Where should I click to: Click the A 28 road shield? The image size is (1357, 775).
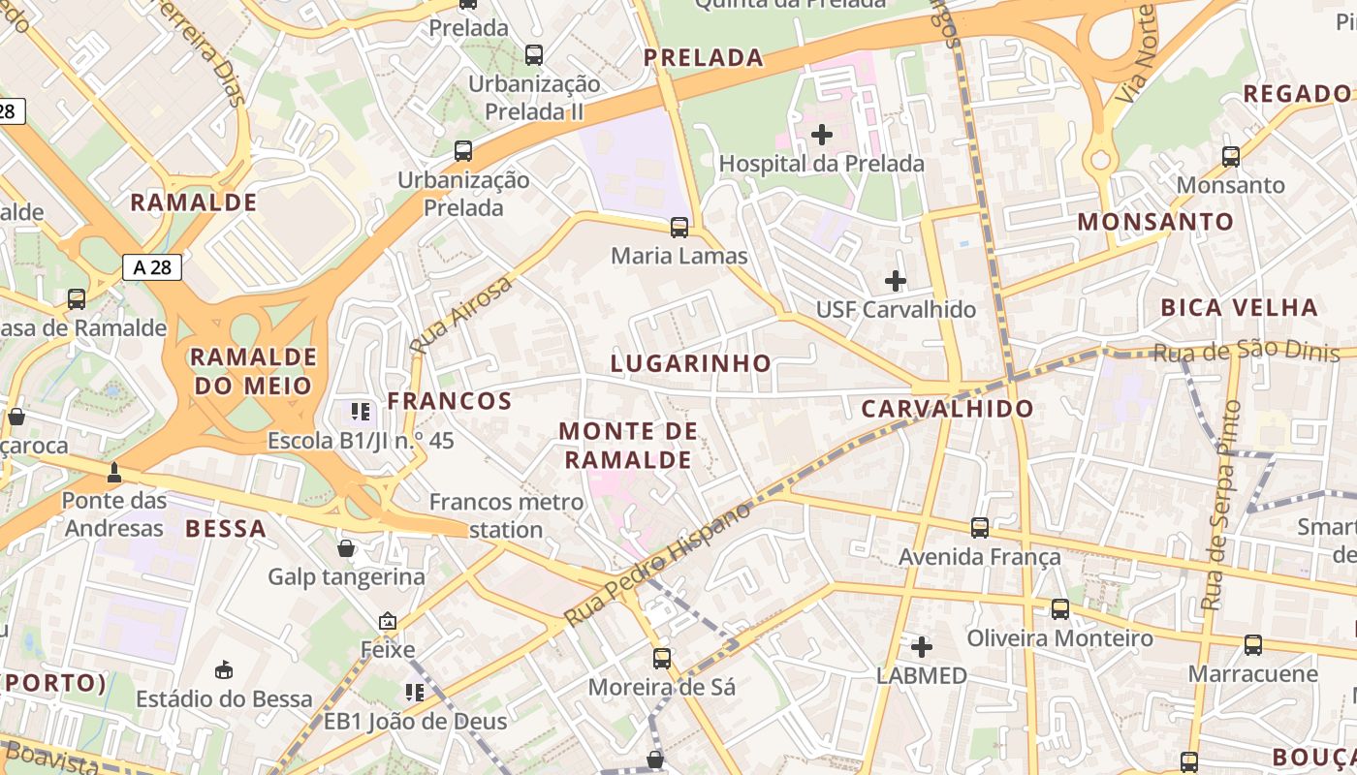tap(152, 267)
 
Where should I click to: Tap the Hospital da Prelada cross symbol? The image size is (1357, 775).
tap(822, 135)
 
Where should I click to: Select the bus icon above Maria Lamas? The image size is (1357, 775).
tap(679, 228)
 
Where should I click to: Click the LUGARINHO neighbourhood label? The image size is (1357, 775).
tap(691, 363)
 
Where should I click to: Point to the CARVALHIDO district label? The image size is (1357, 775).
tap(948, 409)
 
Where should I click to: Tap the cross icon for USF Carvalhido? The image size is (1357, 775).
tap(896, 281)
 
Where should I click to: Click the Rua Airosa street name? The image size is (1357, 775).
tap(460, 314)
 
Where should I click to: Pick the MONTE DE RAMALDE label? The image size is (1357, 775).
tap(628, 445)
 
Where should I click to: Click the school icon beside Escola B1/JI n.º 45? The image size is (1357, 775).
tap(361, 412)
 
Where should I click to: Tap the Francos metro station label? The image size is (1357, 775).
tap(506, 515)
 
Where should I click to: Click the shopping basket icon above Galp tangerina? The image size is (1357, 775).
tap(346, 549)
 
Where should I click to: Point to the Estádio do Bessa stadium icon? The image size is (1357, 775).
tap(224, 669)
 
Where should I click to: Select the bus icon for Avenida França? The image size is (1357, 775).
tap(980, 528)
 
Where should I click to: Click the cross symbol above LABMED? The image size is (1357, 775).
tap(922, 646)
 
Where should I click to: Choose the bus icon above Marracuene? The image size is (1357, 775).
tap(1252, 644)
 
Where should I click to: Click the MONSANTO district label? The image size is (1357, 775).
tap(1155, 222)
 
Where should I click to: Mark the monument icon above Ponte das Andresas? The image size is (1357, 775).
tap(114, 473)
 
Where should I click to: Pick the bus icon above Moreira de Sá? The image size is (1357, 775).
tap(662, 659)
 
